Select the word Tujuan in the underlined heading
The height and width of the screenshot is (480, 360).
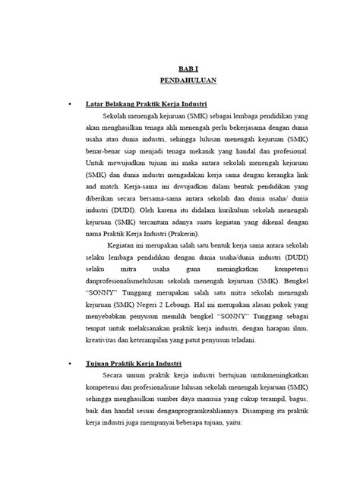(x=122, y=364)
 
